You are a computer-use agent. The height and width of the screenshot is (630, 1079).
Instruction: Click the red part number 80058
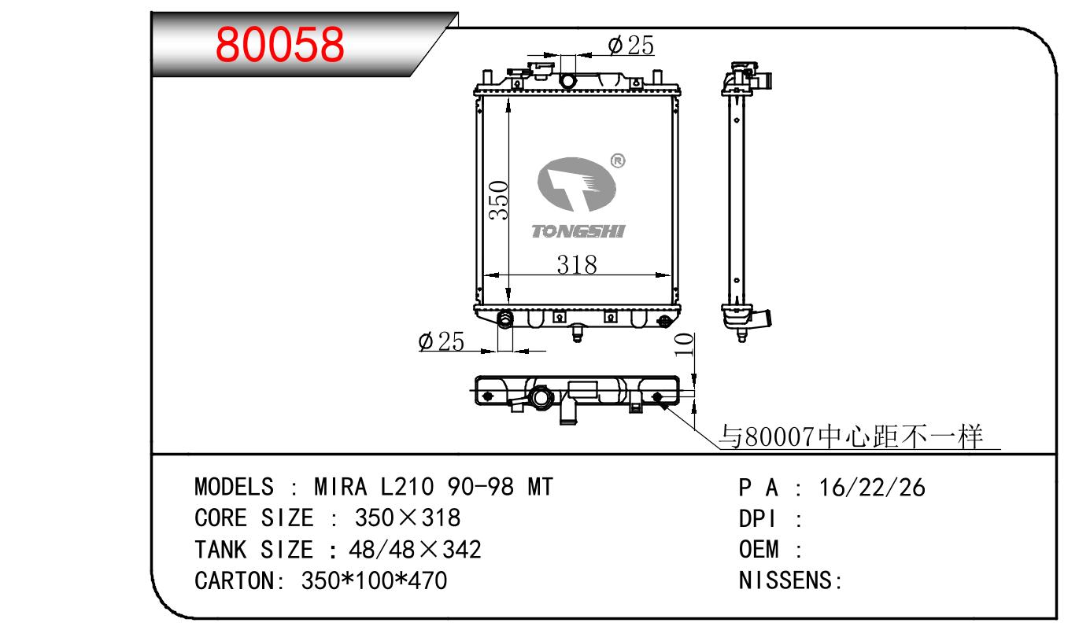(280, 44)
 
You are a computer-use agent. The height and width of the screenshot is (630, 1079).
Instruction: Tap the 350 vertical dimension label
(498, 201)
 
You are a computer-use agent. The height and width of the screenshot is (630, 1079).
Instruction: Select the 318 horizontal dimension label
(577, 265)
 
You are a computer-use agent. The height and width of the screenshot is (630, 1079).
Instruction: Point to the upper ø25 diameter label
(631, 46)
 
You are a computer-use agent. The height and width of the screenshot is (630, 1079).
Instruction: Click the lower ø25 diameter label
(442, 341)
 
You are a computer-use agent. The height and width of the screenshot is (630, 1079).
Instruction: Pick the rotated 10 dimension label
(684, 344)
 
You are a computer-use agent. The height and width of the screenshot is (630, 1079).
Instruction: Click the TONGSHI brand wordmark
(578, 231)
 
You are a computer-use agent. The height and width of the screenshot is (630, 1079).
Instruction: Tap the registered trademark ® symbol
(618, 160)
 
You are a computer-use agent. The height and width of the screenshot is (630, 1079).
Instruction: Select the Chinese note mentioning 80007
(850, 437)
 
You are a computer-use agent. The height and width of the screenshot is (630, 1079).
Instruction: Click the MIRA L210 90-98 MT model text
(434, 487)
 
